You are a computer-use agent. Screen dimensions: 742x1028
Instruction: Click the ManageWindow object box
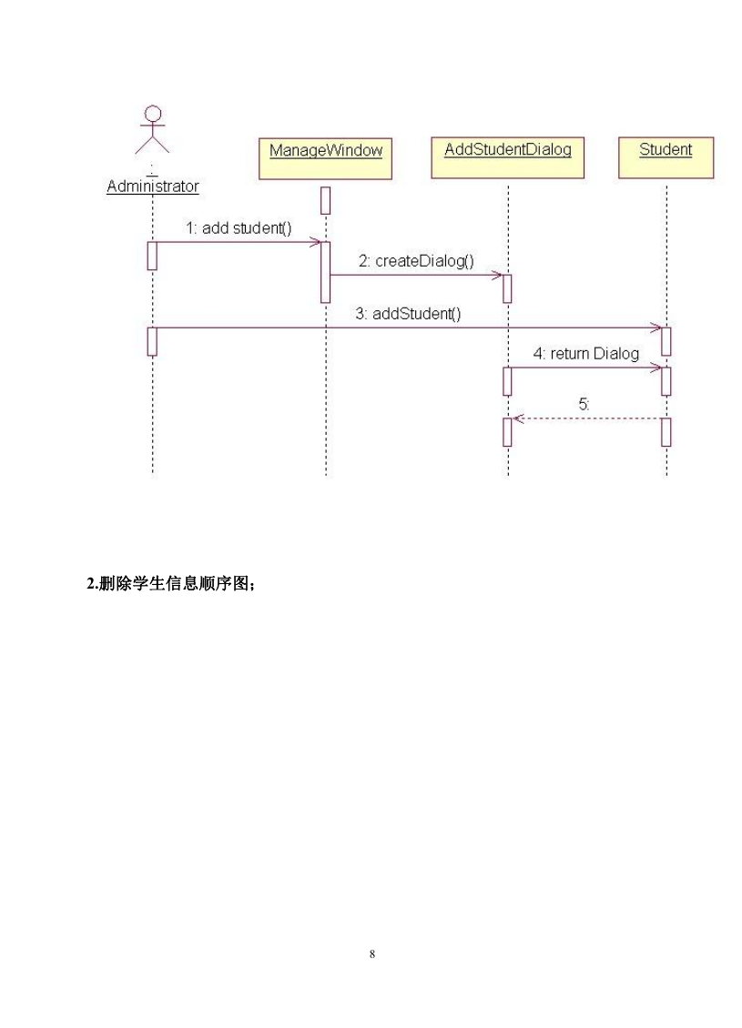tap(325, 158)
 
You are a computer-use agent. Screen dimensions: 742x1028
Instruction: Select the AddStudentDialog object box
tap(507, 157)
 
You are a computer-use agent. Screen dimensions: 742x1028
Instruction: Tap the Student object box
tap(666, 157)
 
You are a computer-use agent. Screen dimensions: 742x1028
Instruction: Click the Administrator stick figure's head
tap(153, 114)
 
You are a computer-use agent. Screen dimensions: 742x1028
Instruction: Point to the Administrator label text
tap(153, 186)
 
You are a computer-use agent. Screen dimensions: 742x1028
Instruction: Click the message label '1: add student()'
tap(239, 228)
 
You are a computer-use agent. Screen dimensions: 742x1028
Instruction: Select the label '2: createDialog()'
tap(416, 261)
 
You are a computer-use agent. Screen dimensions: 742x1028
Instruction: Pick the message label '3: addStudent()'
tap(408, 313)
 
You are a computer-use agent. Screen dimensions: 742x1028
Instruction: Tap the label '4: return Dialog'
tap(585, 353)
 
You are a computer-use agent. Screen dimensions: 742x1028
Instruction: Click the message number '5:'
tap(584, 404)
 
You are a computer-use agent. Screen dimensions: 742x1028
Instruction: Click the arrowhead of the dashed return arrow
tap(516, 418)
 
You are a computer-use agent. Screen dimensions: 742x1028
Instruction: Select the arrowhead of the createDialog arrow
tap(497, 276)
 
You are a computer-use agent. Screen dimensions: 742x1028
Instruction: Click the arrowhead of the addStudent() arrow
tap(656, 328)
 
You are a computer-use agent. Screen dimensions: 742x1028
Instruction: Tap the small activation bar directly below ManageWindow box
tap(325, 201)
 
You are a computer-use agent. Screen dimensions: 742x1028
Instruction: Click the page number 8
tap(372, 954)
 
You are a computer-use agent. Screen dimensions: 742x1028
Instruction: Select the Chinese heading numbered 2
tap(170, 583)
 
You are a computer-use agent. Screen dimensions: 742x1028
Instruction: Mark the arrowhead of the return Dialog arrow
tap(656, 368)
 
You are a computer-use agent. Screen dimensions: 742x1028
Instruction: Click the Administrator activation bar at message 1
tap(152, 256)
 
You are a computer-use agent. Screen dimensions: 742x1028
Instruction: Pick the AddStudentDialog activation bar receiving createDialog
tap(507, 288)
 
